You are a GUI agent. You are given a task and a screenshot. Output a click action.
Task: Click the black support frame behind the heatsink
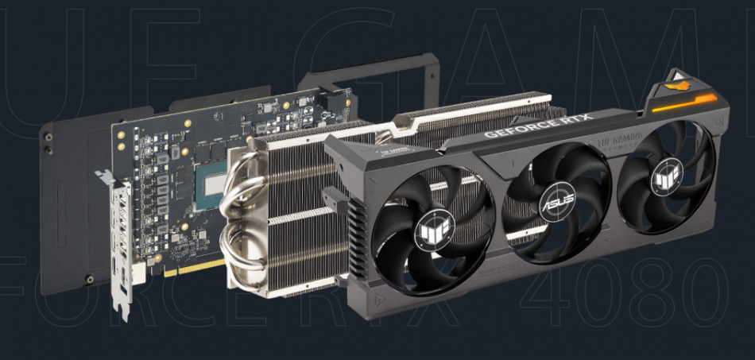click(374, 75)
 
